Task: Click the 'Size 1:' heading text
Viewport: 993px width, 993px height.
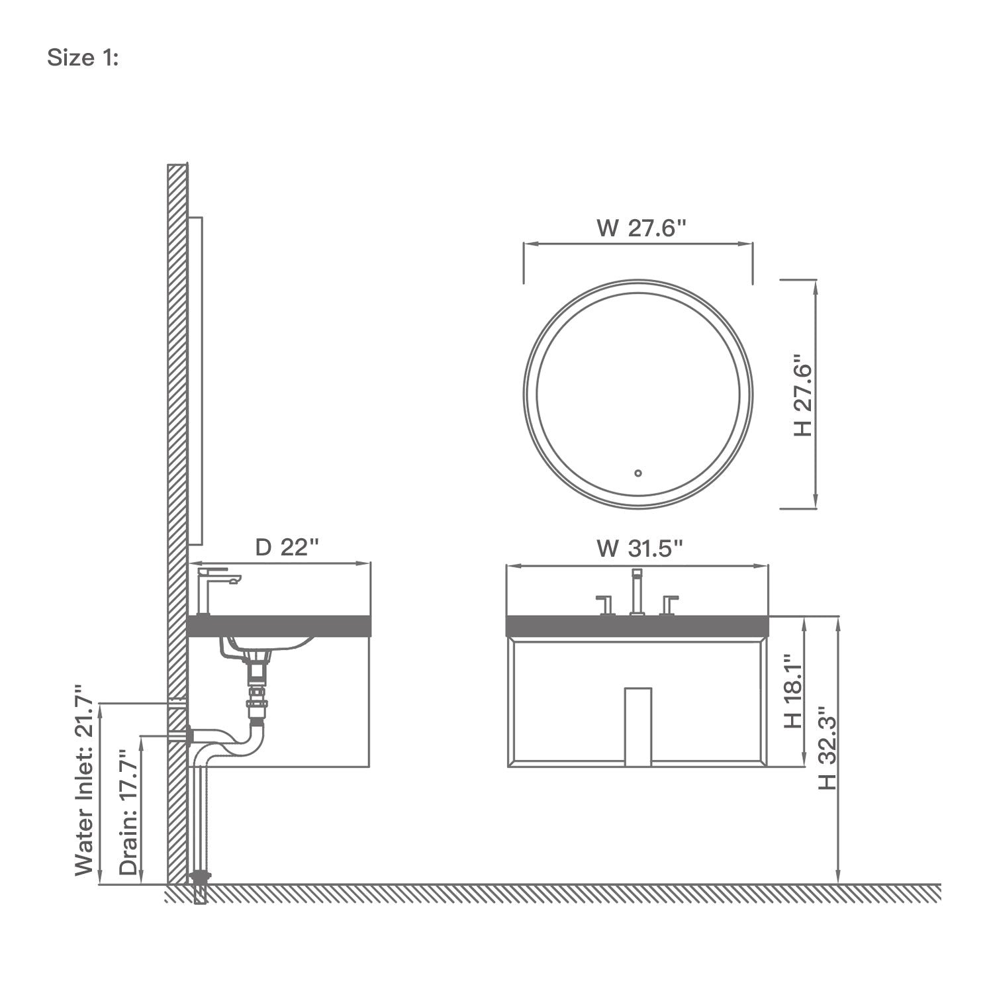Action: (x=83, y=58)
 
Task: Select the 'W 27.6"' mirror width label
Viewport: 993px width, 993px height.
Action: (x=641, y=228)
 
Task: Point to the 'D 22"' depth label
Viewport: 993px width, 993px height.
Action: (x=287, y=547)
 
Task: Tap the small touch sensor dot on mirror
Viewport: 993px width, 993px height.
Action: (x=638, y=473)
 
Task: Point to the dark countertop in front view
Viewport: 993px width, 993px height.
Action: (x=637, y=626)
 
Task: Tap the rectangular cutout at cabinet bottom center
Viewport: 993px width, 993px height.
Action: (x=638, y=726)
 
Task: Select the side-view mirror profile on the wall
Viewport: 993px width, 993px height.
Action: (x=195, y=381)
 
